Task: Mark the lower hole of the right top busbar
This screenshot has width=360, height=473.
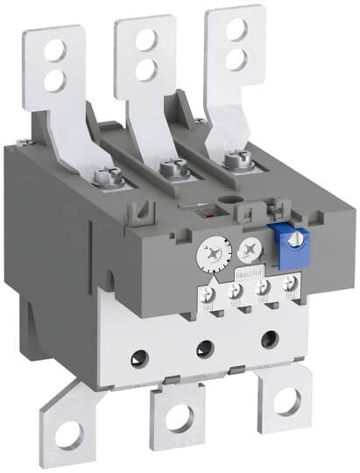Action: pos(235,57)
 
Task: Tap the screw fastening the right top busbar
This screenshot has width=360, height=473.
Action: pos(231,159)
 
